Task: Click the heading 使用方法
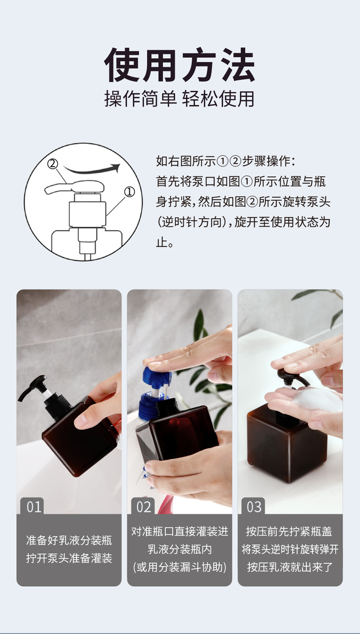180,65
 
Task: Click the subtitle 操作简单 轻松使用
180,99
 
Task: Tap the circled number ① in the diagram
129,192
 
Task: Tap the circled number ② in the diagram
53,164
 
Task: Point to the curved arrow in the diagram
91,169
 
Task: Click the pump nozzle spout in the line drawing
57,188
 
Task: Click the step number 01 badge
34,506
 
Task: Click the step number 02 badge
144,506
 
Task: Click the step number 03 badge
254,506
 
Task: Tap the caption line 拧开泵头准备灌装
69,558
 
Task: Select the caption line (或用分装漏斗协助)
180,567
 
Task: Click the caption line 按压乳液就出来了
290,567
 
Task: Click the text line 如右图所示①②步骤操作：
226,161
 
